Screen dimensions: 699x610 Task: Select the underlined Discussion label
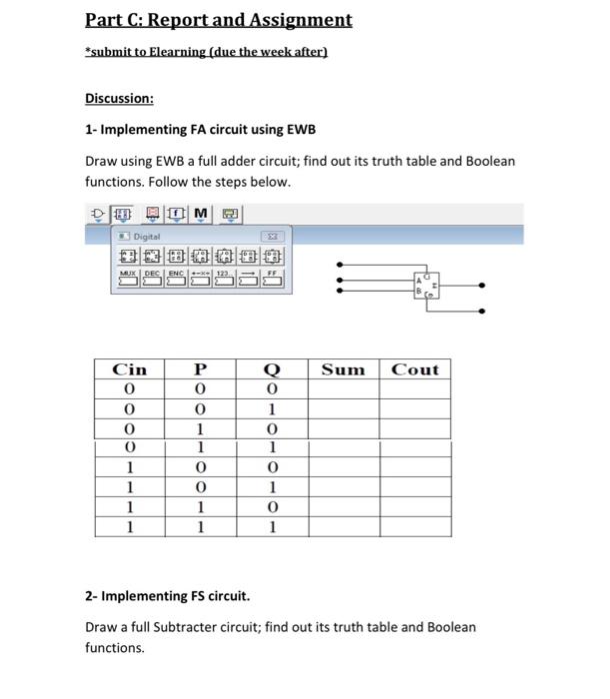119,99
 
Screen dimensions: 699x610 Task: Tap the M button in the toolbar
200,215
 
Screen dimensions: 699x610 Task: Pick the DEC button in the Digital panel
153,280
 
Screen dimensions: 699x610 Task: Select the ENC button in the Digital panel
177,280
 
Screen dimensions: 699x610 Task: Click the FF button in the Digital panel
271,280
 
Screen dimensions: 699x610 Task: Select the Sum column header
343,369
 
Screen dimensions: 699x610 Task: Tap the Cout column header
414,369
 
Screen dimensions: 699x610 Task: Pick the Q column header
270,369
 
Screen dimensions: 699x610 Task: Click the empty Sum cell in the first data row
343,389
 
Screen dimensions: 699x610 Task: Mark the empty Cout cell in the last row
414,526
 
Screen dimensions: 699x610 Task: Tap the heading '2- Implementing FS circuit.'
166,596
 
